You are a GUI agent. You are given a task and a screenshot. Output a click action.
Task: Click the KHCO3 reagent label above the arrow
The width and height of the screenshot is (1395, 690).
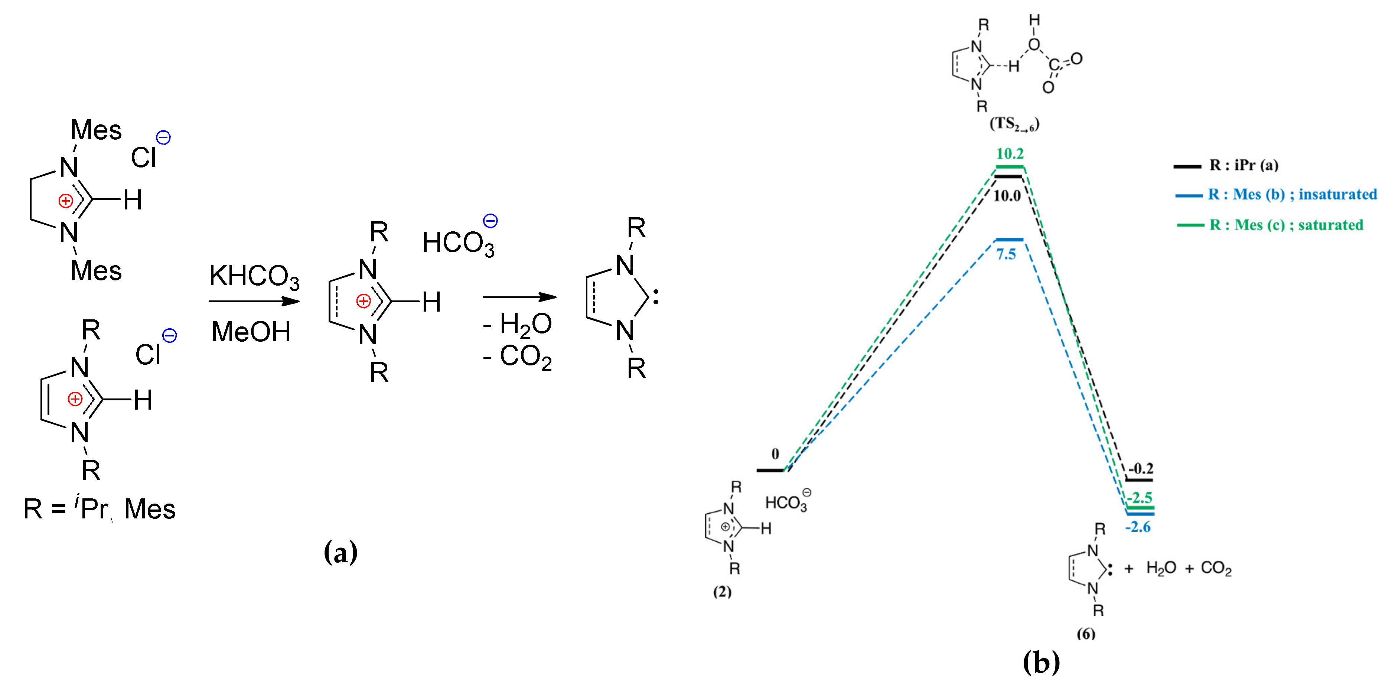click(x=254, y=277)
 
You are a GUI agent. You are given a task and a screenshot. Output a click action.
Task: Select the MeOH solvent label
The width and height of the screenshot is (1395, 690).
click(x=251, y=332)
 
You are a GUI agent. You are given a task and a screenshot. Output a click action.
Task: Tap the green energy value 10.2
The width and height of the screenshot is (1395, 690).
click(x=1010, y=154)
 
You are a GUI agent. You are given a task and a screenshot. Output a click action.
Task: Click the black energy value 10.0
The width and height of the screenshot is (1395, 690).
click(x=1007, y=195)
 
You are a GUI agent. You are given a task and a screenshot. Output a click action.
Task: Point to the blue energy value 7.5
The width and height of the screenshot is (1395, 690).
click(x=1006, y=254)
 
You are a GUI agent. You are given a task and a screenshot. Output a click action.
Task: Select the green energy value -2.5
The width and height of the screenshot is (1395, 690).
click(x=1140, y=497)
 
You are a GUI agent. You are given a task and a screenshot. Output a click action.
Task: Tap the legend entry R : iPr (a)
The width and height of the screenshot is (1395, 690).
click(x=1244, y=165)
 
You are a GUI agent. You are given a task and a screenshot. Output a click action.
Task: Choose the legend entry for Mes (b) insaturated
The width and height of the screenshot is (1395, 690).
click(x=1291, y=195)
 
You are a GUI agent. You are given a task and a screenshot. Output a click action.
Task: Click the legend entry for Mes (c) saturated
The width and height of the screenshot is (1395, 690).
click(x=1286, y=225)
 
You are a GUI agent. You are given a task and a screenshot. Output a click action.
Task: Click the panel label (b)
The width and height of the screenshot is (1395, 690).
click(x=1041, y=662)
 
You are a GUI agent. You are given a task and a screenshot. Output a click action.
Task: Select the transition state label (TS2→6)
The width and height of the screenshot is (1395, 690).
click(x=1014, y=124)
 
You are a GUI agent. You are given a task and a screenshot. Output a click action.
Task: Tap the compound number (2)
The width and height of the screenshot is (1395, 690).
click(x=722, y=592)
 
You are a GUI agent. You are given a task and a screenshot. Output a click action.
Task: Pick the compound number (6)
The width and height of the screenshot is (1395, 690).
click(x=1086, y=634)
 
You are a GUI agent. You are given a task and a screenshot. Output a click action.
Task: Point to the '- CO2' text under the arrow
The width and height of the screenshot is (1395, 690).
click(x=517, y=357)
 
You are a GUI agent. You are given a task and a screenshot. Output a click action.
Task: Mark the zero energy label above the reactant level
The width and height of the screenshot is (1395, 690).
click(x=775, y=454)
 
